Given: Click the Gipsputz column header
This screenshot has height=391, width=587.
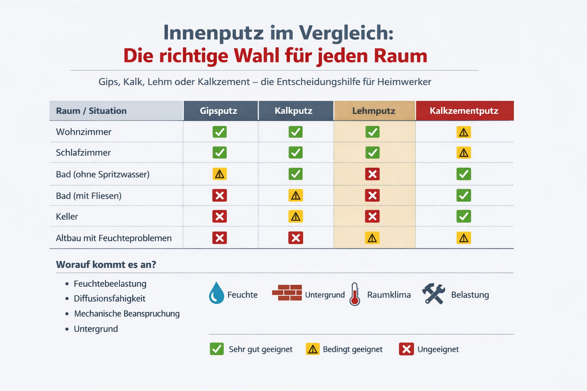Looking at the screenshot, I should pos(219,111).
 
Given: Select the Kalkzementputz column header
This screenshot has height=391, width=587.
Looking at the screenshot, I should pos(464,111).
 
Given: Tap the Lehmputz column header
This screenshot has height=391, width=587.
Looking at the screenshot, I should pos(373,111).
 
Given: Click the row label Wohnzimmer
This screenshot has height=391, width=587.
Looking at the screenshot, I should pos(84,132).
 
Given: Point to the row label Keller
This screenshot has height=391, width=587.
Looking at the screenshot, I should pos(67,217).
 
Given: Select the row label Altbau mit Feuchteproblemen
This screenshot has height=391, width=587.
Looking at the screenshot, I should pos(114,238).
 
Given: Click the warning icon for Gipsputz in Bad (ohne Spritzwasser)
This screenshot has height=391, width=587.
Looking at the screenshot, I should pos(219,174).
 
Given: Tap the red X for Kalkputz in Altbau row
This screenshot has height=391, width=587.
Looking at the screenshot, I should pos(295,238).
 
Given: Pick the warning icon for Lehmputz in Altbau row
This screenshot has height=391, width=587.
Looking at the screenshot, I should pos(372,238).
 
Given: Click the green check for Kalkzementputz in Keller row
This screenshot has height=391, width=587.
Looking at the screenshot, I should pos(464,217).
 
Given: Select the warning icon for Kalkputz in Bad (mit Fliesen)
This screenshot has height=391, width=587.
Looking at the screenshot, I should pos(295,195).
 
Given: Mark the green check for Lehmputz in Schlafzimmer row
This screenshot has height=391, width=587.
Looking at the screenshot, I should pos(372,153).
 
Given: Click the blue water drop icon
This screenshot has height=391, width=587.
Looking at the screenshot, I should pos(216,293).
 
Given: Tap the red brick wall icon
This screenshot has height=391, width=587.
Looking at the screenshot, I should pos(287,293).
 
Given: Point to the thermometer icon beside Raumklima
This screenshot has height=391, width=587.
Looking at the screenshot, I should pos(355,294).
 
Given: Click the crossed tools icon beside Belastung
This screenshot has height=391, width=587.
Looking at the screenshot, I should pos(434,294).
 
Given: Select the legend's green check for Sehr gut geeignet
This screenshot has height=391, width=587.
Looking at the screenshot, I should pos(217,349).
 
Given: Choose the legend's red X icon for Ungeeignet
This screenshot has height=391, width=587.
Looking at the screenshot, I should pos(406,349).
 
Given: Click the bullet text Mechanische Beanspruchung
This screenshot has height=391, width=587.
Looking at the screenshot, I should pos(126,314).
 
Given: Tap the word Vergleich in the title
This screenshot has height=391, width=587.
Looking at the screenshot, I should pos(346,33).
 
